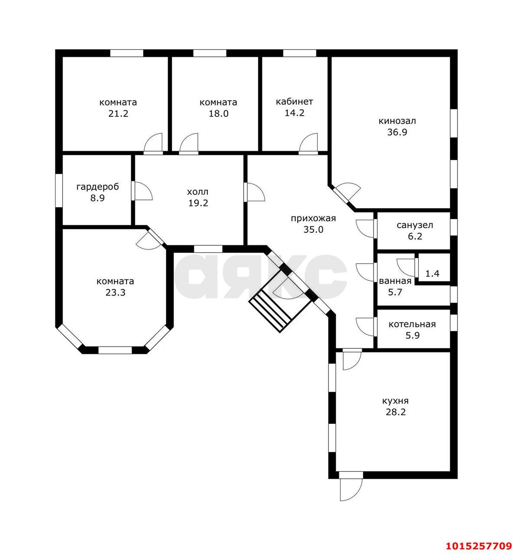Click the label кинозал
click(x=397, y=121)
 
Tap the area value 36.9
click(x=397, y=132)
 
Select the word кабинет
click(x=294, y=102)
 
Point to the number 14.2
click(x=294, y=113)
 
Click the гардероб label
click(x=98, y=187)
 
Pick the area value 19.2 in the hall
click(x=198, y=203)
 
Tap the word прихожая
click(x=313, y=219)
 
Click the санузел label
click(x=415, y=225)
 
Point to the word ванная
click(x=395, y=281)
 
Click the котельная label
click(x=412, y=325)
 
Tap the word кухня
click(x=395, y=401)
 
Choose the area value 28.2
click(x=395, y=412)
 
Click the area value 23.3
click(x=115, y=293)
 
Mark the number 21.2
click(x=118, y=114)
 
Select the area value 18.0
click(x=219, y=114)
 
